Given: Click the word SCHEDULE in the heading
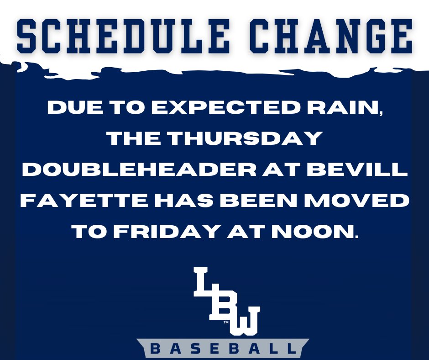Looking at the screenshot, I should tap(120, 36).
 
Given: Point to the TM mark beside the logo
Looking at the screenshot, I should tap(226, 323).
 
